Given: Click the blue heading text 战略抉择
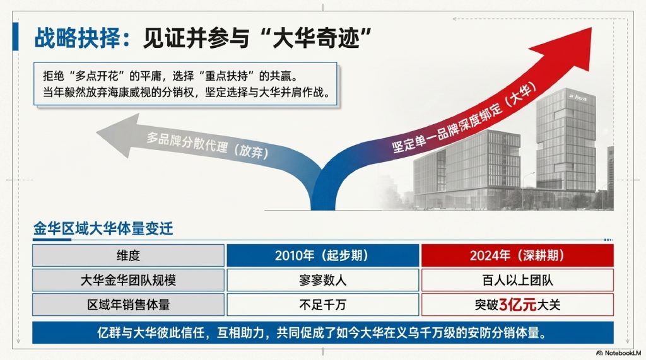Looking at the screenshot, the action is [77, 38].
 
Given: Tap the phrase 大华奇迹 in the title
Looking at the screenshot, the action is [316, 38].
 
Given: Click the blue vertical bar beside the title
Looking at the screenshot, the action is [16, 37].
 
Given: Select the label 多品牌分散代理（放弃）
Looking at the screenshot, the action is [207, 146].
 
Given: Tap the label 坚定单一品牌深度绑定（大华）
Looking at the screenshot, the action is [464, 118].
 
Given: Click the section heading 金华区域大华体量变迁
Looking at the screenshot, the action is [103, 229].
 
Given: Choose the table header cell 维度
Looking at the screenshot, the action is [128, 255].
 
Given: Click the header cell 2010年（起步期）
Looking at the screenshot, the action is [322, 255].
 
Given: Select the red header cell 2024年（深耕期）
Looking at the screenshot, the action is [517, 255].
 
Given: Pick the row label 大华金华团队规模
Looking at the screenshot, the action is [128, 280].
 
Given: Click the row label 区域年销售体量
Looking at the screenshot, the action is [128, 305].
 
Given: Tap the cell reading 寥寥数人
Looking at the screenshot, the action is [322, 280].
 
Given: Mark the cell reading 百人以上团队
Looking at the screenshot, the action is [517, 280].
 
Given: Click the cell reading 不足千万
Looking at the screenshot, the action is [322, 305].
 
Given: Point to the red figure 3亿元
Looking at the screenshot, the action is [518, 305].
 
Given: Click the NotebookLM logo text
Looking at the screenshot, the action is [619, 353].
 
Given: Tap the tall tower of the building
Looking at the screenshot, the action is [566, 140].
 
